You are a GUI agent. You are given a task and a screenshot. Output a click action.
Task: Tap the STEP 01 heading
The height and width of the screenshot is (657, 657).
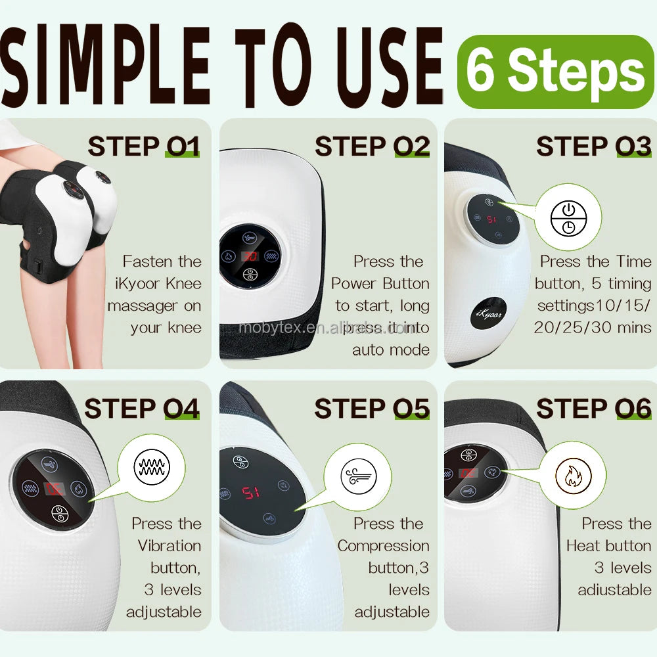click(x=143, y=147)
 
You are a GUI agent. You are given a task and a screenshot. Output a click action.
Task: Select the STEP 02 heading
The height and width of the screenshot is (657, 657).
click(x=372, y=147)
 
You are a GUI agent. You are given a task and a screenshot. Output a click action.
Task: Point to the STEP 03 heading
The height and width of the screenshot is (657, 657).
click(x=594, y=147)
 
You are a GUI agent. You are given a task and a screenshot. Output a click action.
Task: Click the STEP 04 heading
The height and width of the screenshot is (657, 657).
click(x=142, y=409)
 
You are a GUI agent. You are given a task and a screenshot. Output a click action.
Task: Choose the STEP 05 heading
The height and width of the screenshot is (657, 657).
click(x=372, y=409)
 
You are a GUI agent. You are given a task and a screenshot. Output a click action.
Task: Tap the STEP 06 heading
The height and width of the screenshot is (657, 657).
click(x=594, y=409)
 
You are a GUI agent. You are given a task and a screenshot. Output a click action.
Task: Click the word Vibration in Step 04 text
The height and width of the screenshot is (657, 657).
click(x=169, y=545)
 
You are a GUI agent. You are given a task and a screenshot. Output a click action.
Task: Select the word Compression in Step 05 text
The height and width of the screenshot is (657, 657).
click(x=383, y=545)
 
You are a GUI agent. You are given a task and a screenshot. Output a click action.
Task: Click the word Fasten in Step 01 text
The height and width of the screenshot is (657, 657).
click(x=143, y=261)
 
